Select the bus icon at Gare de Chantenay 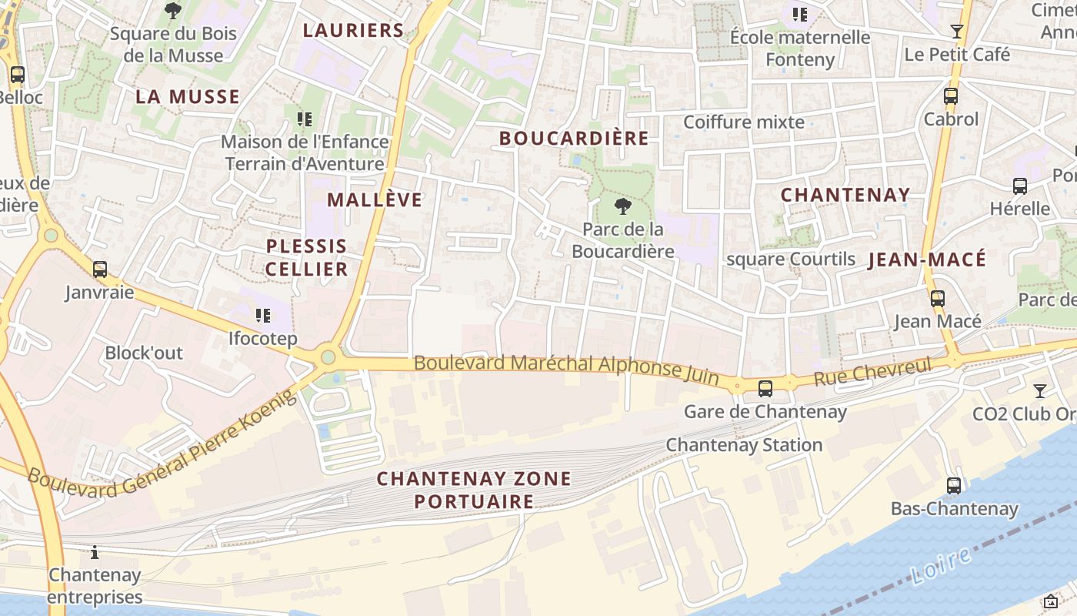point(765,389)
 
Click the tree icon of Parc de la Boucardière point(623,206)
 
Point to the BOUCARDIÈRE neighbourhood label point(574,139)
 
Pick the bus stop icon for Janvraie point(100,269)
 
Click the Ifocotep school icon point(263,316)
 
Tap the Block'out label point(144,353)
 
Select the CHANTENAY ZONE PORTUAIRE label point(474,490)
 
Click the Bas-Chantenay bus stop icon point(954,486)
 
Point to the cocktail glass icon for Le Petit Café point(957,32)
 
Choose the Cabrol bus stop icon point(951,96)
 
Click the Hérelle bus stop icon point(1020,186)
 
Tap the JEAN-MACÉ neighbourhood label point(927,260)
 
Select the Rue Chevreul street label point(872,371)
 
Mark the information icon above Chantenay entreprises point(95,552)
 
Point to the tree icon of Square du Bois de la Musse point(173,11)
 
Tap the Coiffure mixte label point(744,122)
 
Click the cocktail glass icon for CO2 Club point(1040,391)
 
